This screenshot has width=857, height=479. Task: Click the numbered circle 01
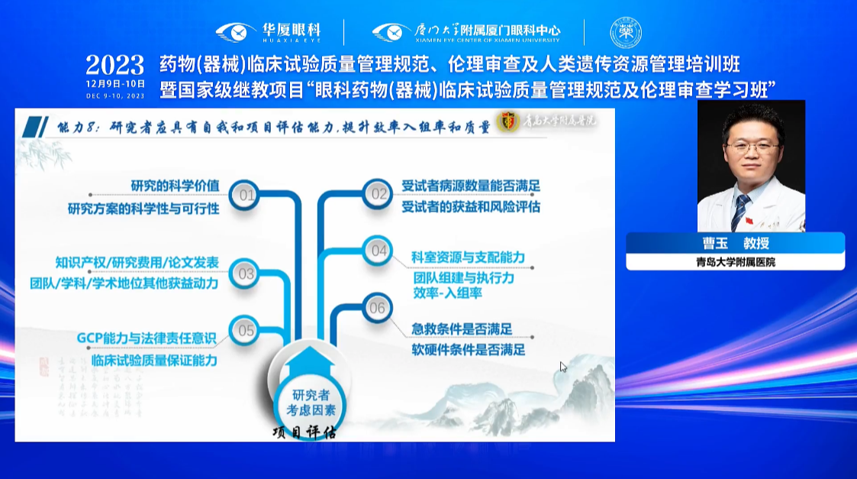click(x=246, y=196)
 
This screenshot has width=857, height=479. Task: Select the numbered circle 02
click(x=379, y=194)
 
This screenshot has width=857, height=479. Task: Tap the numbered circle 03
click(x=246, y=273)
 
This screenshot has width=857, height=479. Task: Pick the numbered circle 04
click(x=379, y=251)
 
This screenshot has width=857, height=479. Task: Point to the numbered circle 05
click(x=246, y=331)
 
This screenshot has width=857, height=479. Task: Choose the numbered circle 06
click(x=378, y=309)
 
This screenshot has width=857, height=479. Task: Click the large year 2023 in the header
click(x=114, y=64)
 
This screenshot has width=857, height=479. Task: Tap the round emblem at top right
click(x=626, y=32)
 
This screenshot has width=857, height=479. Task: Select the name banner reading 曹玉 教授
click(x=735, y=244)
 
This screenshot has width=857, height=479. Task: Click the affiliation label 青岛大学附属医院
click(x=735, y=262)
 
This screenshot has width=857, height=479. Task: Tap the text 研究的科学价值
click(x=175, y=186)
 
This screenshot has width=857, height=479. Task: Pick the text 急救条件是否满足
click(x=461, y=329)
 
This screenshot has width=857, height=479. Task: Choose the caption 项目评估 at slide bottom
click(x=304, y=432)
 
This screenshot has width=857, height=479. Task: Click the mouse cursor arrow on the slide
click(x=563, y=367)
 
